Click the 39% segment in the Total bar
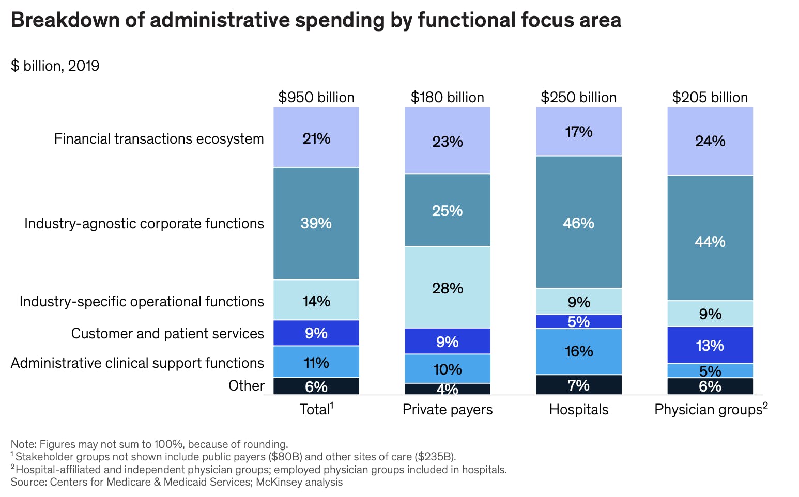tap(316, 223)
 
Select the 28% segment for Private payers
tap(448, 287)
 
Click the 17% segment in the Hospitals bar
tap(579, 132)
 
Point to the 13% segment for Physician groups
tap(710, 345)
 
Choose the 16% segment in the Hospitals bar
tap(579, 351)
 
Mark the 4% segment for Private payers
tap(448, 389)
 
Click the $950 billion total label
tap(316, 98)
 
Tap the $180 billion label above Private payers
tap(448, 98)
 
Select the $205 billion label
tap(710, 98)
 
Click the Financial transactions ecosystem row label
tap(159, 139)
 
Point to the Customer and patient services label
tap(167, 334)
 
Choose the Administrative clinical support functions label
tap(137, 363)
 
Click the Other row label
tap(246, 386)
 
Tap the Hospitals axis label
tap(579, 410)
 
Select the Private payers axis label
tap(448, 410)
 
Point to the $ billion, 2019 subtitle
tap(55, 66)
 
